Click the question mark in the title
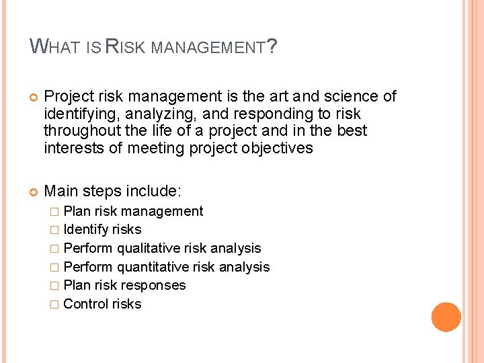[x=272, y=47]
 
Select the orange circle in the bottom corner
[x=446, y=317]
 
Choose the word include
[x=154, y=192]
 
